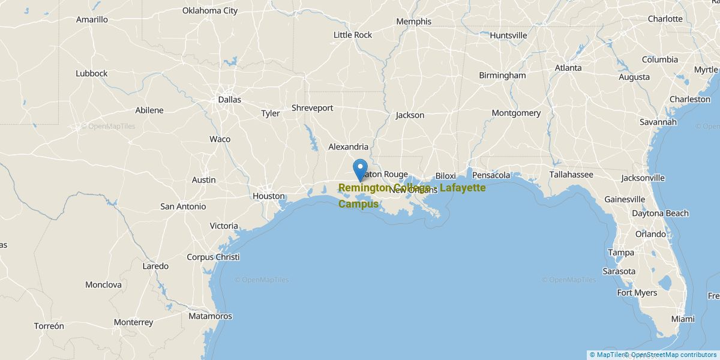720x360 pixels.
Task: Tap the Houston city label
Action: point(268,196)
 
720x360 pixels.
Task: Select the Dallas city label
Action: point(229,100)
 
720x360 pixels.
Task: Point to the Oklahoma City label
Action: point(210,11)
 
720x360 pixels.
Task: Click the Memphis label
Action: point(413,22)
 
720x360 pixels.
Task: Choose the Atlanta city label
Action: point(568,68)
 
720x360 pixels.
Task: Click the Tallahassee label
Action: point(571,175)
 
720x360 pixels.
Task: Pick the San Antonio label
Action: point(183,206)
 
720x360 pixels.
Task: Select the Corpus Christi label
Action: point(213,257)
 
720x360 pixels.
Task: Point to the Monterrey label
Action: point(133,322)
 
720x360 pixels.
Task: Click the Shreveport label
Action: point(312,108)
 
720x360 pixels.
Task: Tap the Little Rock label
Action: point(353,35)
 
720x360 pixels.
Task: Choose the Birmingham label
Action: point(502,76)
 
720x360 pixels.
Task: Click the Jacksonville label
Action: point(643,178)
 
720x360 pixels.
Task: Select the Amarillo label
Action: point(92,20)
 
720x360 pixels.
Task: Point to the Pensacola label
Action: point(491,175)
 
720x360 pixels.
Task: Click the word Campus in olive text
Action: point(358,204)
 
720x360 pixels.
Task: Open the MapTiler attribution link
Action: point(606,355)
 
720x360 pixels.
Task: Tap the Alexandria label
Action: point(348,146)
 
